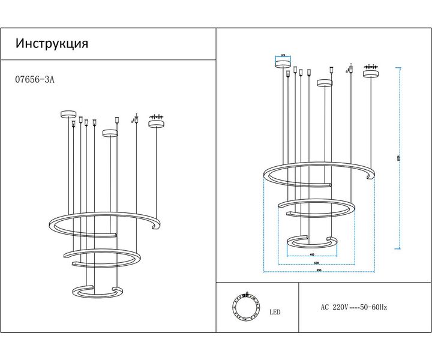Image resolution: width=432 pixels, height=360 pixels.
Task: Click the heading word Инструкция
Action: pos(52,44)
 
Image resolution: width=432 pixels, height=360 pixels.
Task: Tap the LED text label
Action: pos(275,313)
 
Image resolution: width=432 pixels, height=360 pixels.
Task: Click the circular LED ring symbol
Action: pos(246,307)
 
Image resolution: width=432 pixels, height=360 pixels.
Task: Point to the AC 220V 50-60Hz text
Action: pos(354,307)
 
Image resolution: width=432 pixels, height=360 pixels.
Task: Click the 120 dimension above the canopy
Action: pos(283,55)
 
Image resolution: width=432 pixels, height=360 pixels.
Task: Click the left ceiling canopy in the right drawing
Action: pos(283,64)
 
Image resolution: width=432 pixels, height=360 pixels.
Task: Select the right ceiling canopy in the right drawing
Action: pos(370,74)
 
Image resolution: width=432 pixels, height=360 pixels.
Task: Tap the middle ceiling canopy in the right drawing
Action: pos(325,83)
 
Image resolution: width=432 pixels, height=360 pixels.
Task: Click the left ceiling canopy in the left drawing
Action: pos(67,114)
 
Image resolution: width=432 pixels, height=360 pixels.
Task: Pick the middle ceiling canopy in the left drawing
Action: pos(110,133)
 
